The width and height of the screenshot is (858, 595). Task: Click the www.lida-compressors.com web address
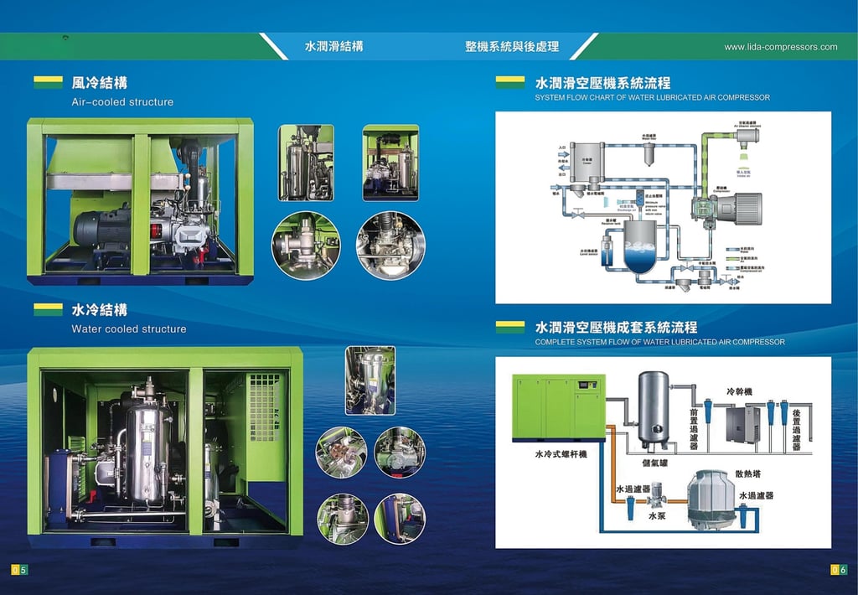click(780, 47)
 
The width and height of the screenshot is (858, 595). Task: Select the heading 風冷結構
click(100, 83)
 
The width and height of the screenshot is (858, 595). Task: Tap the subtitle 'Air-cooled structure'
click(122, 102)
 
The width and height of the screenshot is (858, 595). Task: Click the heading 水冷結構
click(100, 310)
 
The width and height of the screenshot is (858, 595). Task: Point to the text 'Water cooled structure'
click(129, 329)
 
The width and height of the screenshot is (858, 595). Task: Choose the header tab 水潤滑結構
click(333, 47)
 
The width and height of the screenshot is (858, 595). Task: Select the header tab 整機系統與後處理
click(512, 47)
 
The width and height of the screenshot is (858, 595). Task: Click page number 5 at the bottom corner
click(23, 571)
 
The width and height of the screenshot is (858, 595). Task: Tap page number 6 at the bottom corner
click(843, 571)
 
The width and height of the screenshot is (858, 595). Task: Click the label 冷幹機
click(740, 392)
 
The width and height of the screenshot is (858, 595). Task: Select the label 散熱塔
click(748, 473)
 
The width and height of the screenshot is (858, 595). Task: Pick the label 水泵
click(658, 517)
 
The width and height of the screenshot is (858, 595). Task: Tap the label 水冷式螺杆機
click(561, 455)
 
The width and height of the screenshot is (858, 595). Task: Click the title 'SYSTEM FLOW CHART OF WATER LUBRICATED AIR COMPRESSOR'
click(652, 98)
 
